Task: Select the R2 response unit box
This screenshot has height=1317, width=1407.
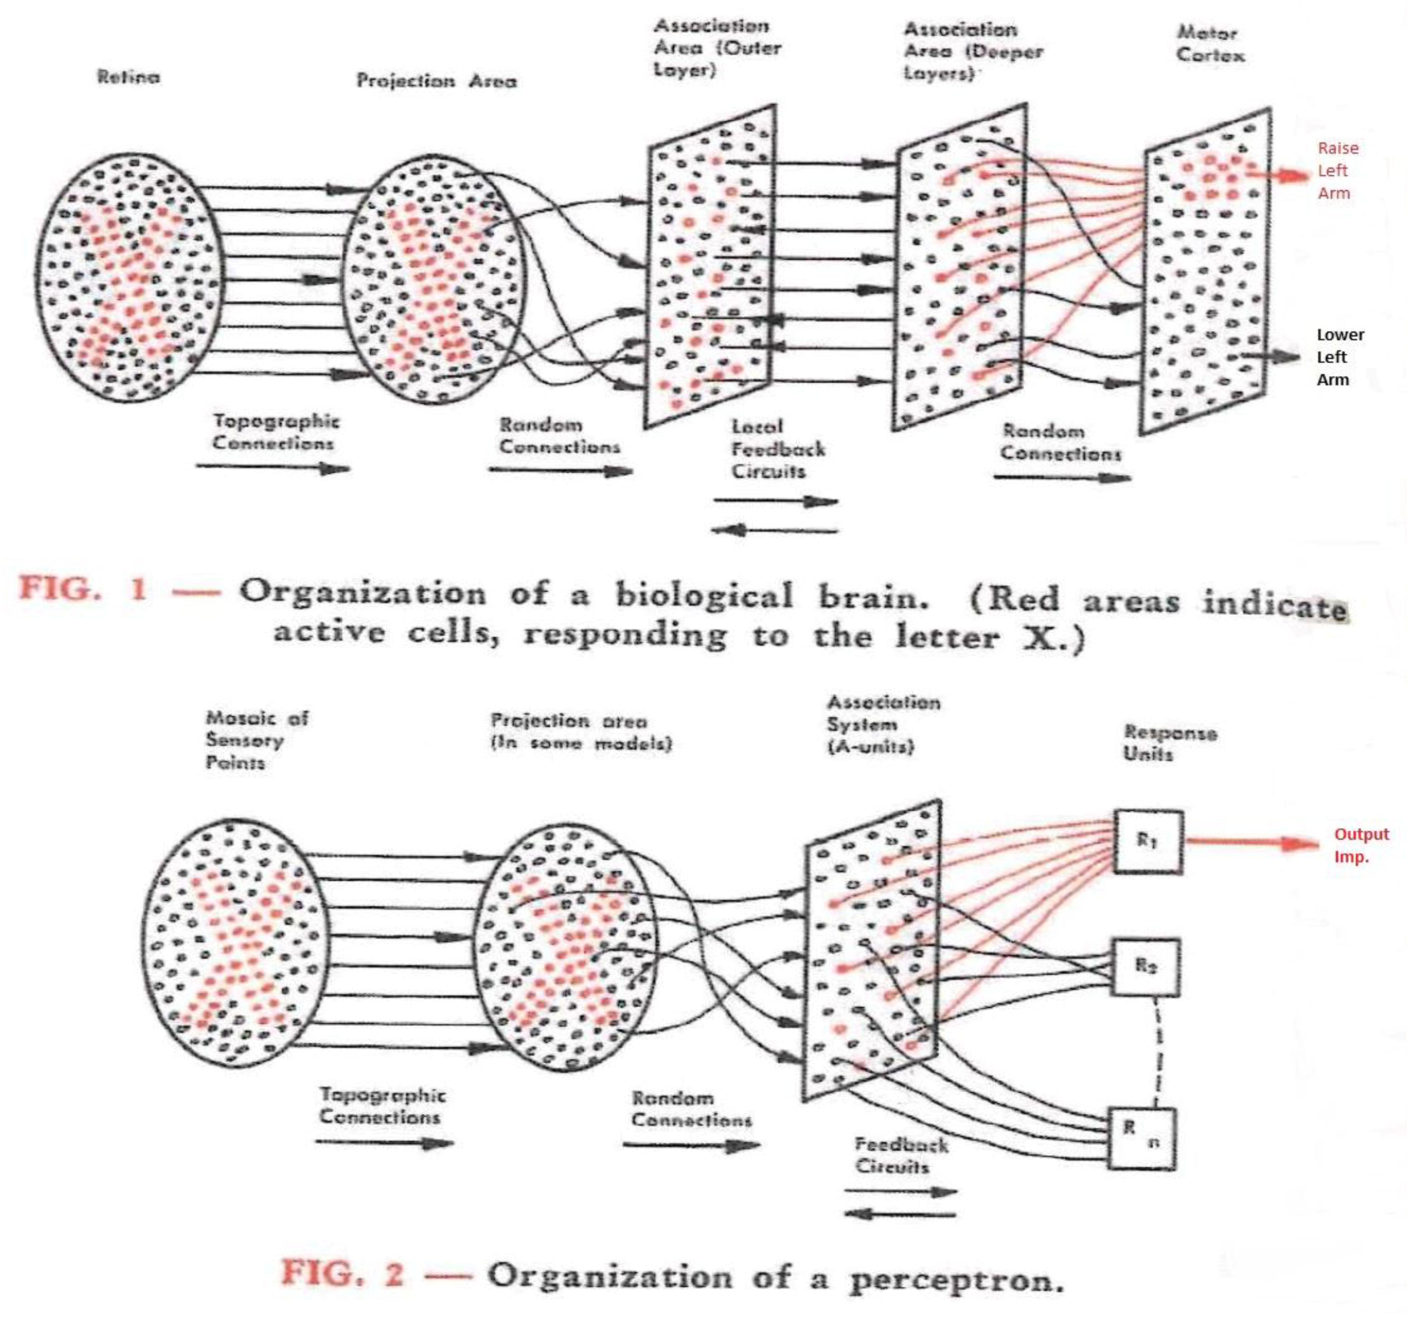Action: click(x=1144, y=968)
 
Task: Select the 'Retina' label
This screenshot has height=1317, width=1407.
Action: click(x=128, y=77)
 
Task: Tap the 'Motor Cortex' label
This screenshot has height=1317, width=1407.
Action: click(x=1210, y=44)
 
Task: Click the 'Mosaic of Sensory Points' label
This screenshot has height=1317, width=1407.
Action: click(x=256, y=740)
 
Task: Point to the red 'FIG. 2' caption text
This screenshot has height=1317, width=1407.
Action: click(x=343, y=1273)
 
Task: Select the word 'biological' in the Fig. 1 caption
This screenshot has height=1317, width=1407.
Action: click(x=704, y=596)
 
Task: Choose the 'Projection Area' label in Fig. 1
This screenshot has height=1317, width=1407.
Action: click(x=436, y=81)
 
